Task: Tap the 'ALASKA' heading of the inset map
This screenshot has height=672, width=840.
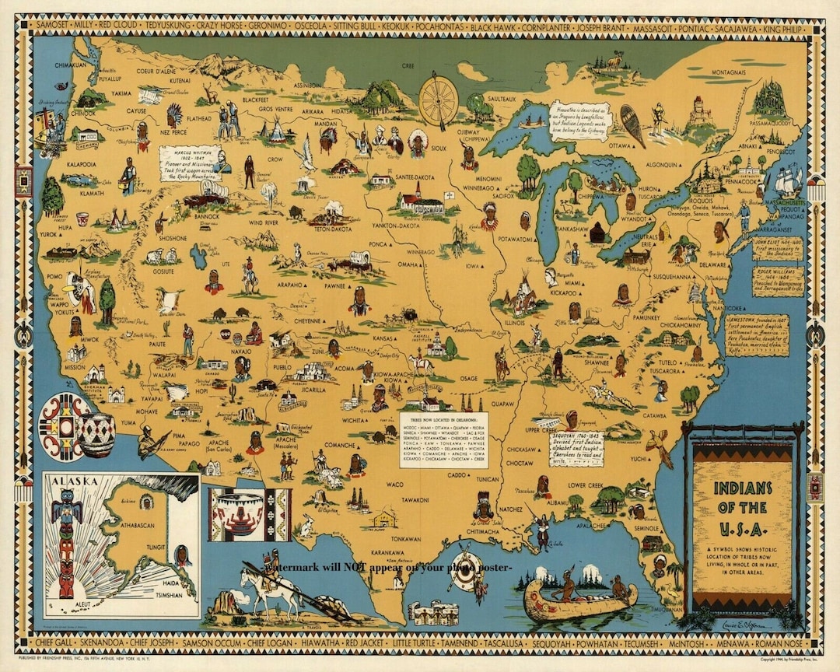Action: [x=75, y=480]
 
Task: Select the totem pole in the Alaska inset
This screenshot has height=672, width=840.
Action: [x=66, y=544]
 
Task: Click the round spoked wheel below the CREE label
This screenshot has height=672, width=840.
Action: [x=438, y=101]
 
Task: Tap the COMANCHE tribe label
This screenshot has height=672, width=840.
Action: [x=340, y=445]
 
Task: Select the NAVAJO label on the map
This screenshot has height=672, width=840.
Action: [x=241, y=352]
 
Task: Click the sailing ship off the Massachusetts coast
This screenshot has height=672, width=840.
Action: [x=787, y=180]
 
